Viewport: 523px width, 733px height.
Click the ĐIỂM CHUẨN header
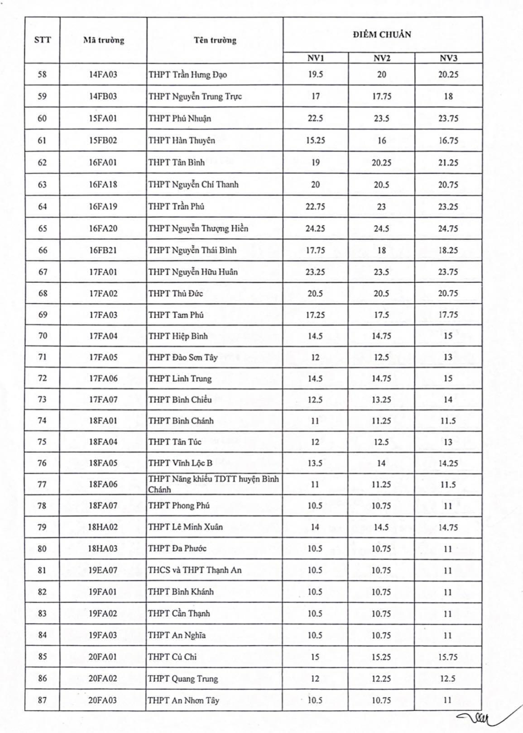coord(382,35)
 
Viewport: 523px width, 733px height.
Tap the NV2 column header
coord(381,58)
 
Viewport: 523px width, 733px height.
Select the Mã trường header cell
coord(103,40)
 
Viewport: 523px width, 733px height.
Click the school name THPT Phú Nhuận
coord(180,119)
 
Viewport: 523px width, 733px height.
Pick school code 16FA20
coord(103,228)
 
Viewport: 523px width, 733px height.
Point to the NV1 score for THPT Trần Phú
coord(315,206)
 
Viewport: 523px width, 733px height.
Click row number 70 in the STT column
coord(42,336)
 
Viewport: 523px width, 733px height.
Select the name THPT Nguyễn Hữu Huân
coord(193,272)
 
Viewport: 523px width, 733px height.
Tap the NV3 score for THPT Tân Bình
coord(448,162)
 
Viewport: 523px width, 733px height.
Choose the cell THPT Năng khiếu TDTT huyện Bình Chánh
coord(213,484)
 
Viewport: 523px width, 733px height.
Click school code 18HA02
coord(103,527)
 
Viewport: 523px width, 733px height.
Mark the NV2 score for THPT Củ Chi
coord(381,657)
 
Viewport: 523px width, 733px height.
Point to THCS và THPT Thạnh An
coord(195,570)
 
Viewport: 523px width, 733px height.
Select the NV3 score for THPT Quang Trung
coord(448,679)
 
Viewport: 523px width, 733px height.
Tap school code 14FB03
coord(103,96)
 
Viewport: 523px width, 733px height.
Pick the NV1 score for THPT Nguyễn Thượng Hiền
coord(315,228)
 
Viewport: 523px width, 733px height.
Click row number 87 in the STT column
coord(42,700)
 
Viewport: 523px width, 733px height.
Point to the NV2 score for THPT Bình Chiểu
coord(381,400)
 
